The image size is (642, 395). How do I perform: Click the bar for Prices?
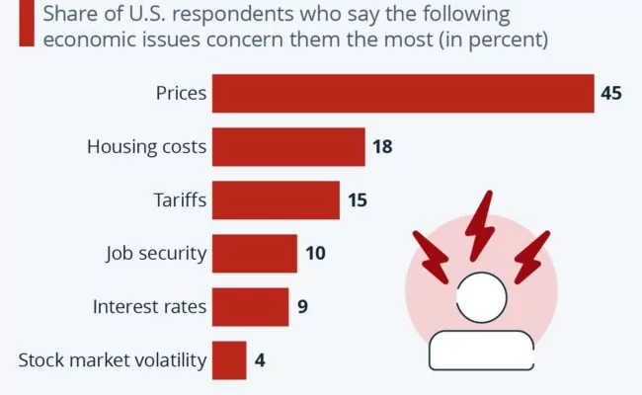click(x=403, y=94)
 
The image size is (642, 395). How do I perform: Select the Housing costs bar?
click(x=288, y=147)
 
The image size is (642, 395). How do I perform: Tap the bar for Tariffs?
click(x=276, y=200)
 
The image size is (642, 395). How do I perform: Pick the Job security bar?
click(x=255, y=253)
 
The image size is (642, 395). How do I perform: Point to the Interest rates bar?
click(x=251, y=306)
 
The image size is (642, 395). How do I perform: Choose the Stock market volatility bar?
click(x=229, y=359)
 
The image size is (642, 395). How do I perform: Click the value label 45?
click(x=611, y=94)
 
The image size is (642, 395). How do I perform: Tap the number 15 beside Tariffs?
click(x=358, y=200)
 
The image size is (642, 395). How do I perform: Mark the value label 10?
click(x=315, y=253)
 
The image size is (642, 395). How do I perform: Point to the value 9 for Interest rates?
click(x=302, y=306)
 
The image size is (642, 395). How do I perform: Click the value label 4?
click(x=259, y=359)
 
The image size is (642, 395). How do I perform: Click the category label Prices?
click(x=181, y=94)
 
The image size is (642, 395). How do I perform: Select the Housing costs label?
click(x=146, y=147)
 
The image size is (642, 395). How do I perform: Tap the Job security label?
click(x=156, y=253)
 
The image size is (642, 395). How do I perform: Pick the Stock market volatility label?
click(x=113, y=359)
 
